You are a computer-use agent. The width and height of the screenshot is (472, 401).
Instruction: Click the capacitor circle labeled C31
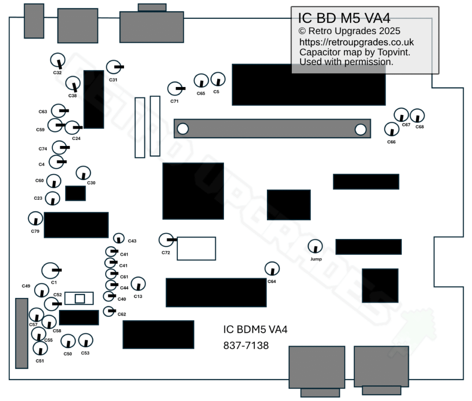tap(113, 67)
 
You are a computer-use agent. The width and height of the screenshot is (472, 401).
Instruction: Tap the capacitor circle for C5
tap(218, 80)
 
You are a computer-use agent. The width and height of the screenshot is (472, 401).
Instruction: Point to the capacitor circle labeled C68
tap(417, 116)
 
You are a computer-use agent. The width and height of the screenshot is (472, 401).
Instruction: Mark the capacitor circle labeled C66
tap(392, 129)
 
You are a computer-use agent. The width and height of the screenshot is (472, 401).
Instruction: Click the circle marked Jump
tap(315, 247)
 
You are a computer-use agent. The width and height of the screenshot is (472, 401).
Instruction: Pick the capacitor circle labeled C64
tap(272, 268)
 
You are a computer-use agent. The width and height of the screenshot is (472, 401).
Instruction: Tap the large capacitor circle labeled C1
tap(50, 271)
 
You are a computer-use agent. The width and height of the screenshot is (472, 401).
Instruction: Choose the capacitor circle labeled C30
tap(83, 173)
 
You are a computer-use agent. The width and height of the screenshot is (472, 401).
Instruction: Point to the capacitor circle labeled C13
tap(138, 284)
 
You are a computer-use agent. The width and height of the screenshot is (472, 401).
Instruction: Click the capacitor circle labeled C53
tap(85, 341)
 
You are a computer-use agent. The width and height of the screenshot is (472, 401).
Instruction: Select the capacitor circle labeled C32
tap(58, 60)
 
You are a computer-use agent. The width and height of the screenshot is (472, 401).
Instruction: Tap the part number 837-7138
tap(246, 345)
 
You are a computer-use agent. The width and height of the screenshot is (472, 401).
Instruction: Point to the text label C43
tap(132, 241)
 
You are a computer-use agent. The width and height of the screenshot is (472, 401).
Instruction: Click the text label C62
tap(122, 314)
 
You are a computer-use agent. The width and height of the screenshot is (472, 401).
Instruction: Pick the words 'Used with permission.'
tap(346, 62)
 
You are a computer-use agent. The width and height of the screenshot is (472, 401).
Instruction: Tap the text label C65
tap(201, 93)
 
